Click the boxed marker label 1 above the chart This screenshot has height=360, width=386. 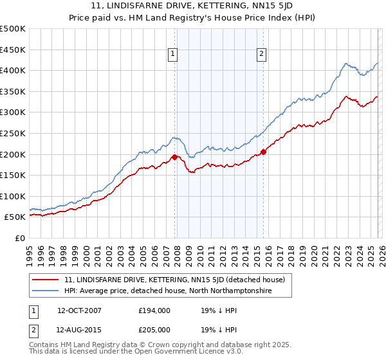(174, 55)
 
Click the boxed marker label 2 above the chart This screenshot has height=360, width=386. (262, 55)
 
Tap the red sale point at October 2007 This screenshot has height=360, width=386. (174, 156)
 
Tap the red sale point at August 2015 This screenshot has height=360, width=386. (263, 152)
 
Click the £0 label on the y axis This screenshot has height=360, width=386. (21, 238)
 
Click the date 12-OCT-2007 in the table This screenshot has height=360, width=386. (79, 310)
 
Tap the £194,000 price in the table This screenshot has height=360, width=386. (154, 310)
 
